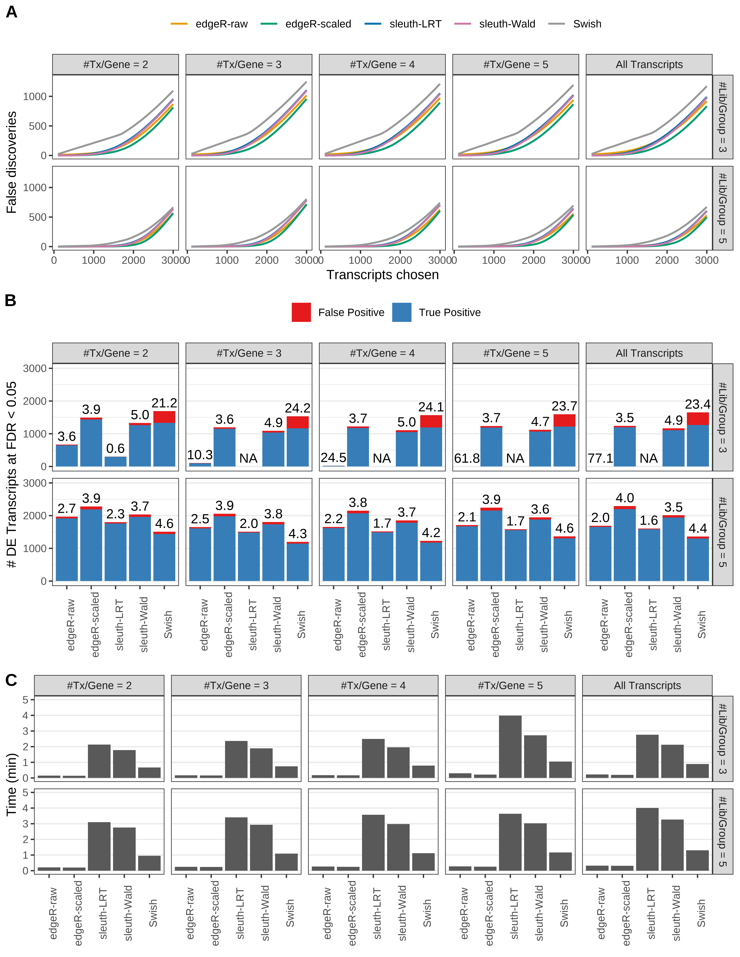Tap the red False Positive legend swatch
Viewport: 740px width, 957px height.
301,312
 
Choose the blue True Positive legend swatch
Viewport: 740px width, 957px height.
402,312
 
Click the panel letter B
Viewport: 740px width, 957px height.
11,301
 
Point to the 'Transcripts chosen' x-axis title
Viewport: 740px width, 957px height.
382,275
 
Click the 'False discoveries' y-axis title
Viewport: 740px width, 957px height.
11,162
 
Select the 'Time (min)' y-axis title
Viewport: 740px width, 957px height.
11,784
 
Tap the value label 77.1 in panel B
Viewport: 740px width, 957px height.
600,458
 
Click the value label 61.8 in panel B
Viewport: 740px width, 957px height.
467,458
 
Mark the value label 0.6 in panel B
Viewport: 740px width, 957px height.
115,448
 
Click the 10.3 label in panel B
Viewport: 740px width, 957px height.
200,455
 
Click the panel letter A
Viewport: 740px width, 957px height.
11,12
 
